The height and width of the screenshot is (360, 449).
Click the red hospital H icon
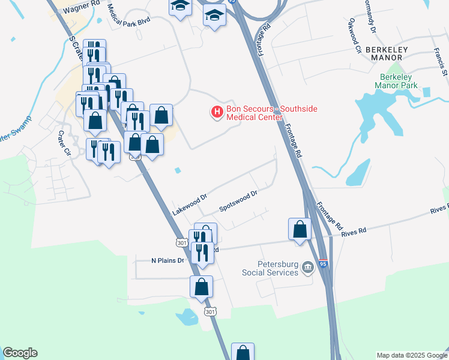(x=216, y=112)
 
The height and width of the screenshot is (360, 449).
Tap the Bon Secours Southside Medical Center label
(x=271, y=113)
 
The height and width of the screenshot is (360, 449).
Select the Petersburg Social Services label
(x=270, y=268)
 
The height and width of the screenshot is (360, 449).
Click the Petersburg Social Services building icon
(x=307, y=266)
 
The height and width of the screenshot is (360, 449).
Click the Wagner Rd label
(x=80, y=7)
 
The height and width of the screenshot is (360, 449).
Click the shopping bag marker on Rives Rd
(x=300, y=229)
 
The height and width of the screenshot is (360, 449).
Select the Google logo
(x=20, y=353)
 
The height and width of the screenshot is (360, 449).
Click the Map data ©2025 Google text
(x=411, y=355)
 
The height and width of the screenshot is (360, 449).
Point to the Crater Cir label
(x=64, y=143)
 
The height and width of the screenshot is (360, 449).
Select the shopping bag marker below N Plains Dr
(x=201, y=287)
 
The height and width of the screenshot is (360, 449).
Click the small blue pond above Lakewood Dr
(x=178, y=170)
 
